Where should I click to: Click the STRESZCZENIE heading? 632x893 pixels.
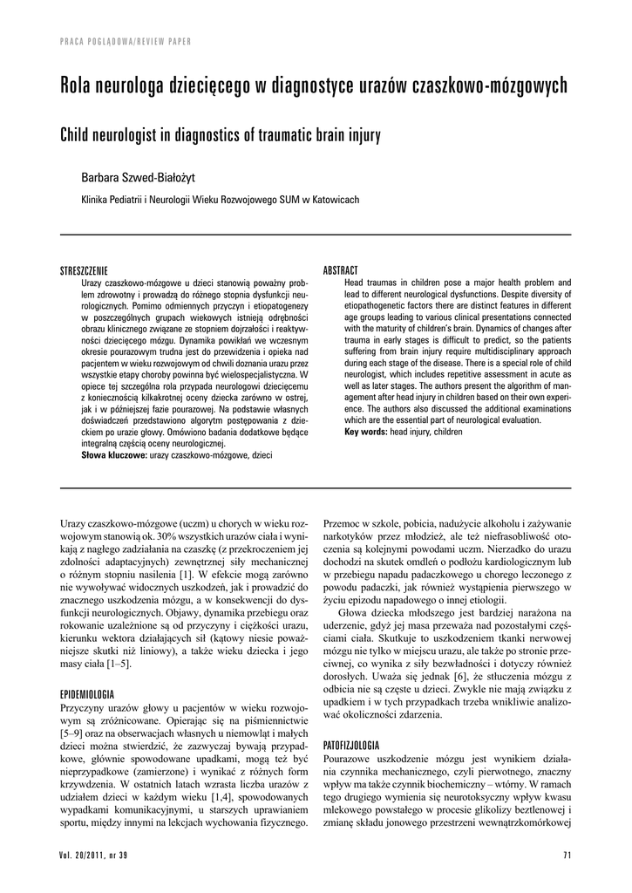tap(83, 271)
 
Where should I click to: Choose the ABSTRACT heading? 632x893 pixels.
tap(341, 271)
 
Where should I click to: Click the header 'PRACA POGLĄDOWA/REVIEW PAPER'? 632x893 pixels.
tap(126, 41)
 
